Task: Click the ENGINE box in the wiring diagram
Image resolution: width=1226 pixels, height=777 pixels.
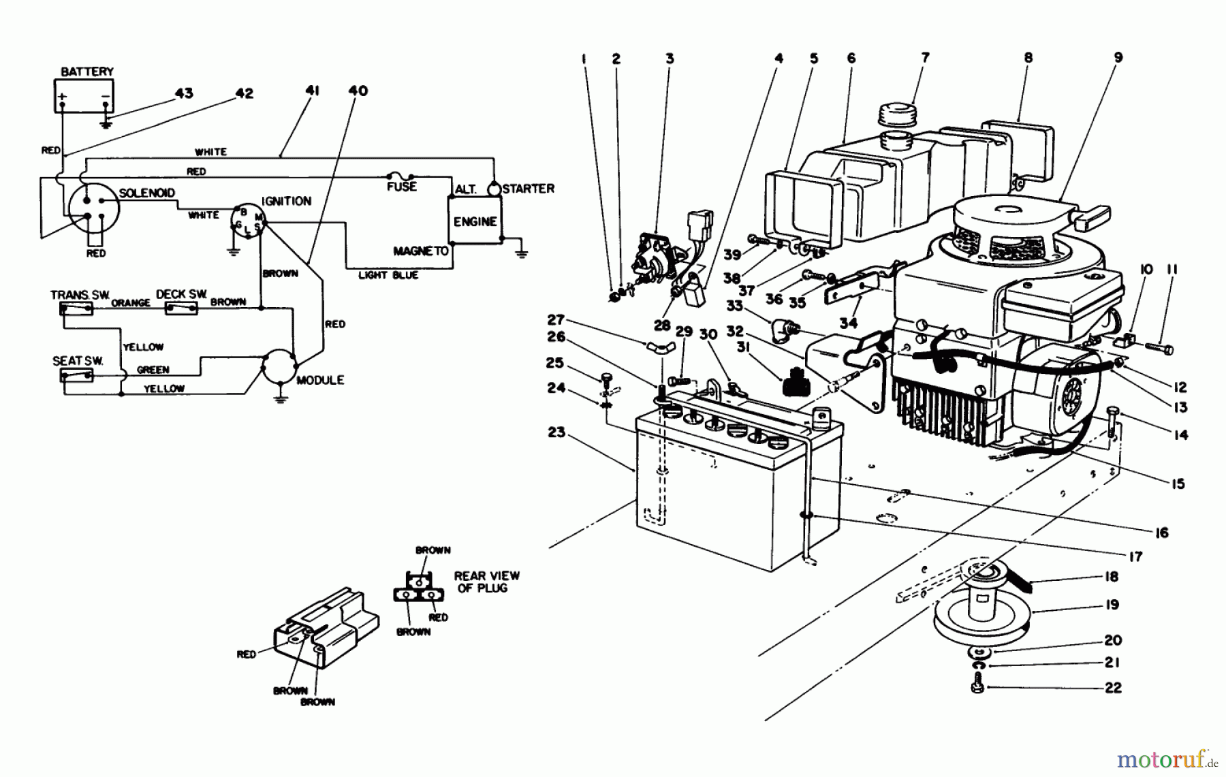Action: coord(475,221)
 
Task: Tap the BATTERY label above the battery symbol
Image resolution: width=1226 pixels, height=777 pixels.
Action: coord(87,72)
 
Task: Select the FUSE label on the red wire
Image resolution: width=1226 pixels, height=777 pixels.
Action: coord(401,186)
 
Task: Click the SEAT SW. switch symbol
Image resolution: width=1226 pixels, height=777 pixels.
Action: coord(77,375)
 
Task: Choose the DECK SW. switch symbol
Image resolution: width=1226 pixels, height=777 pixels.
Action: coord(182,308)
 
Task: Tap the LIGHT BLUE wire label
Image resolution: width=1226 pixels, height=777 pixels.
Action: coord(388,275)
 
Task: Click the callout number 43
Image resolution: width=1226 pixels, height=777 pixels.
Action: coord(184,93)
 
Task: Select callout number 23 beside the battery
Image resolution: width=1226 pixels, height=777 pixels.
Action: coord(556,432)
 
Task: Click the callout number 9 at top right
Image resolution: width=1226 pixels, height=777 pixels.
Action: coord(1118,58)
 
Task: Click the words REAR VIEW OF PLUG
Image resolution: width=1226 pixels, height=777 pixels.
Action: coord(486,582)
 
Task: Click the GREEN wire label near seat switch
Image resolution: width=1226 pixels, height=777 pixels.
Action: coord(153,370)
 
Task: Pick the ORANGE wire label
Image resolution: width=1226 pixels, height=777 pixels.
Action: coord(131,302)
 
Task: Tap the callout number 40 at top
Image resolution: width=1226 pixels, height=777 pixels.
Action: coord(358,91)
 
